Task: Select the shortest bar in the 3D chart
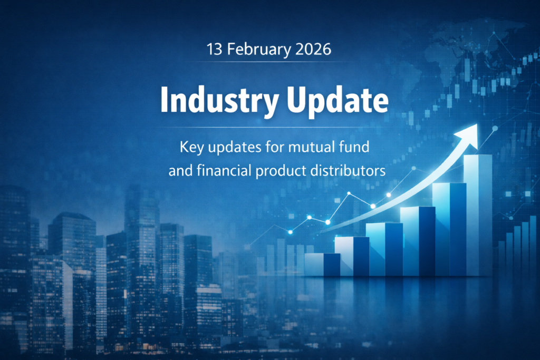(x=322, y=264)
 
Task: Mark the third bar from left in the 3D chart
(x=384, y=249)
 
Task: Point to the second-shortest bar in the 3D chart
(x=352, y=256)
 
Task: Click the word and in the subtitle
(x=180, y=171)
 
